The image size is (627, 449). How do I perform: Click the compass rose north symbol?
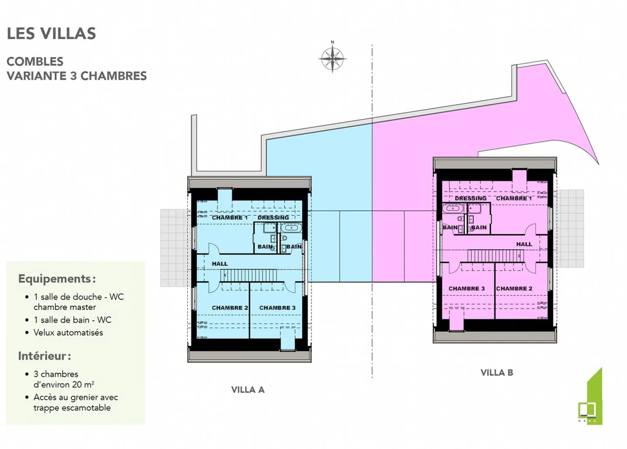(x=332, y=58)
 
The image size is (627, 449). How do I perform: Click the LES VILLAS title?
(x=51, y=34)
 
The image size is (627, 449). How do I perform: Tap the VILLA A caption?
(x=248, y=390)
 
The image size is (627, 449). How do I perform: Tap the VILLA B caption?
(x=497, y=373)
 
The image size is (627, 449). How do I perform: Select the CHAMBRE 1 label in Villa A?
(x=229, y=218)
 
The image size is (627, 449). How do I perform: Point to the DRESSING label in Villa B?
(x=470, y=198)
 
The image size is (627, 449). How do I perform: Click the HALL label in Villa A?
(x=220, y=264)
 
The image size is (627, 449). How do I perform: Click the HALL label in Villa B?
(x=524, y=244)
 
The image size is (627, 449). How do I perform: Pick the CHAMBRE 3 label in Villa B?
(x=466, y=289)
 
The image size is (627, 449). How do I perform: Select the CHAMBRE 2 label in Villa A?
(x=229, y=308)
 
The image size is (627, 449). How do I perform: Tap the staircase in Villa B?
(x=494, y=256)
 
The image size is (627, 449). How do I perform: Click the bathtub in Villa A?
(x=291, y=228)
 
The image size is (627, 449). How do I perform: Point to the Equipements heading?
(x=57, y=279)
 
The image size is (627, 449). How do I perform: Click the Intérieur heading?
(x=44, y=356)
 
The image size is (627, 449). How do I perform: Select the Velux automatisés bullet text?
(x=68, y=333)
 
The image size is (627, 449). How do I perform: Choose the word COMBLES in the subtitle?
(x=35, y=61)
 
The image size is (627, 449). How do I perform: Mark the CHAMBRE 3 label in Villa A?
(x=277, y=308)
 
